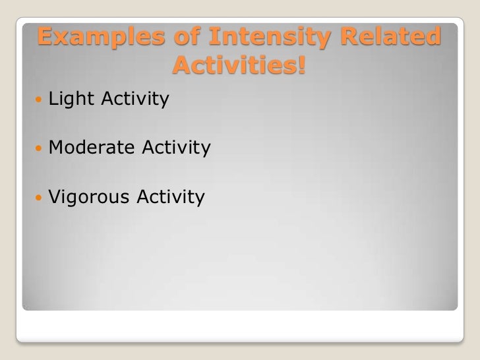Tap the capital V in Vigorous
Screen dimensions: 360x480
tap(55, 196)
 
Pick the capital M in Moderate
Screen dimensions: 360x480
tap(57, 147)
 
